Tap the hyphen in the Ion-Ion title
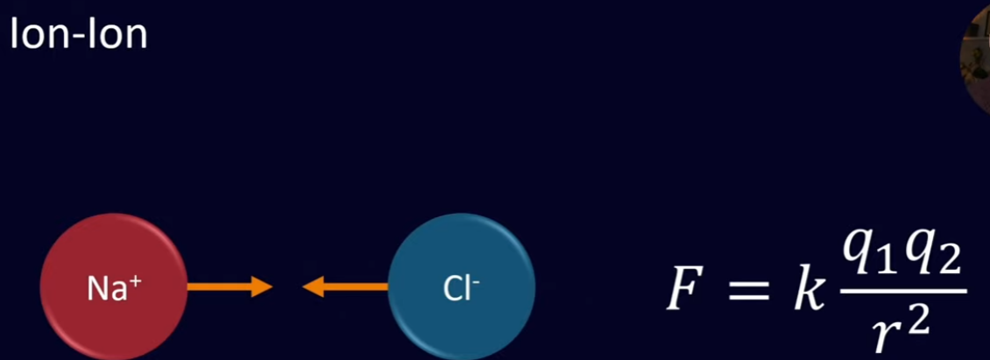click(74, 38)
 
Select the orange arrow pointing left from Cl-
click(345, 286)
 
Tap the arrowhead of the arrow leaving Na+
click(262, 286)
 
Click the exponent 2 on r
click(916, 324)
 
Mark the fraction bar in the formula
click(902, 292)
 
